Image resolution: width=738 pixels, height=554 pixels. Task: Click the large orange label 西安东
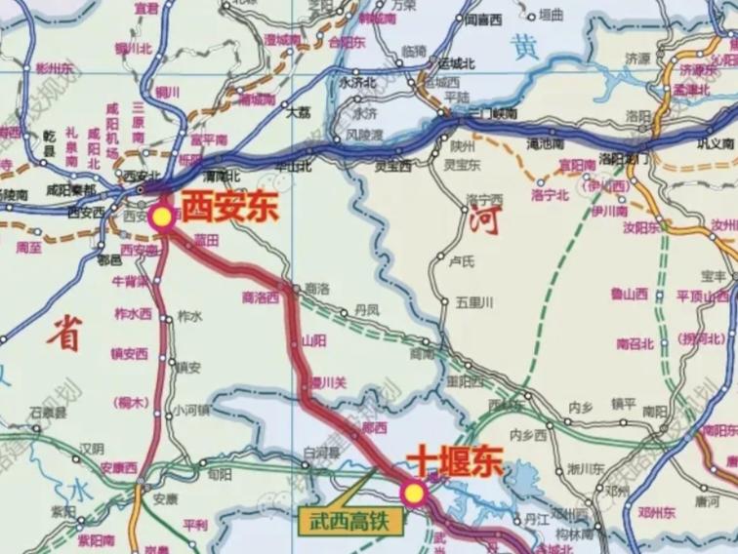[230, 207]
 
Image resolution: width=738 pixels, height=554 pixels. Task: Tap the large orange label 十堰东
[454, 460]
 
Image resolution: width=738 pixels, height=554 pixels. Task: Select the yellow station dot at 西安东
[162, 218]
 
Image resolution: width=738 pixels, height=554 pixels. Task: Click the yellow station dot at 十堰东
[415, 494]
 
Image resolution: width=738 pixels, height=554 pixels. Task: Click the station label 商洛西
[260, 296]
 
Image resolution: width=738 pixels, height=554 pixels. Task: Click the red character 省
[66, 334]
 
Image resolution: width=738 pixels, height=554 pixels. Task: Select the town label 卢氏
[461, 262]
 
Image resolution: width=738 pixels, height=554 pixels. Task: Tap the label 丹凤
[366, 309]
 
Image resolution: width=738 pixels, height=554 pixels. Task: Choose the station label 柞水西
[134, 314]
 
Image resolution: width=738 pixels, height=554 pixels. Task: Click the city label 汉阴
[92, 449]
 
